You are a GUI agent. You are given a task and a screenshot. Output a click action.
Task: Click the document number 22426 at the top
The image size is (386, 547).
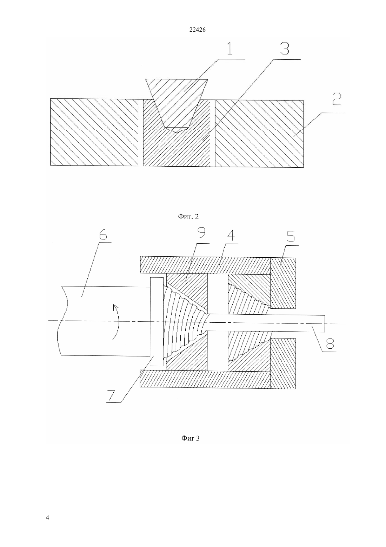pyautogui.click(x=197, y=30)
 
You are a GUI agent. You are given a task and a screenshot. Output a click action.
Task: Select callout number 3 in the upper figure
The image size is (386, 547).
pyautogui.click(x=284, y=49)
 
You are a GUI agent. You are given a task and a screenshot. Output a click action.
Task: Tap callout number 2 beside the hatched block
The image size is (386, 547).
pyautogui.click(x=337, y=99)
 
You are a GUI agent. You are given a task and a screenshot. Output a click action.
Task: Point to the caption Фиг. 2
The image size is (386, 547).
pyautogui.click(x=188, y=216)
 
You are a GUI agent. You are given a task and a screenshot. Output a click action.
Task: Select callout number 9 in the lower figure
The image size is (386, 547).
pyautogui.click(x=201, y=233)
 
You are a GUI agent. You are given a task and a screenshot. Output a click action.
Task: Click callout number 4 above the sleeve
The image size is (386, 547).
pyautogui.click(x=230, y=235)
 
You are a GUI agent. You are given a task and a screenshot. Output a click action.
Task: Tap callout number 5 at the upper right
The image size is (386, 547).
pyautogui.click(x=291, y=235)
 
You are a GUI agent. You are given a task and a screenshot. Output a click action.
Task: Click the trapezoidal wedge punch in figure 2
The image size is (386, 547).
pyautogui.click(x=177, y=105)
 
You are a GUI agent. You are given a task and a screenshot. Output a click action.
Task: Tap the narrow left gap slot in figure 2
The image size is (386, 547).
pyautogui.click(x=141, y=133)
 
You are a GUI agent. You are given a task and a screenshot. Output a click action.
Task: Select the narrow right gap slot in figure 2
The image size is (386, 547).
pyautogui.click(x=213, y=133)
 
